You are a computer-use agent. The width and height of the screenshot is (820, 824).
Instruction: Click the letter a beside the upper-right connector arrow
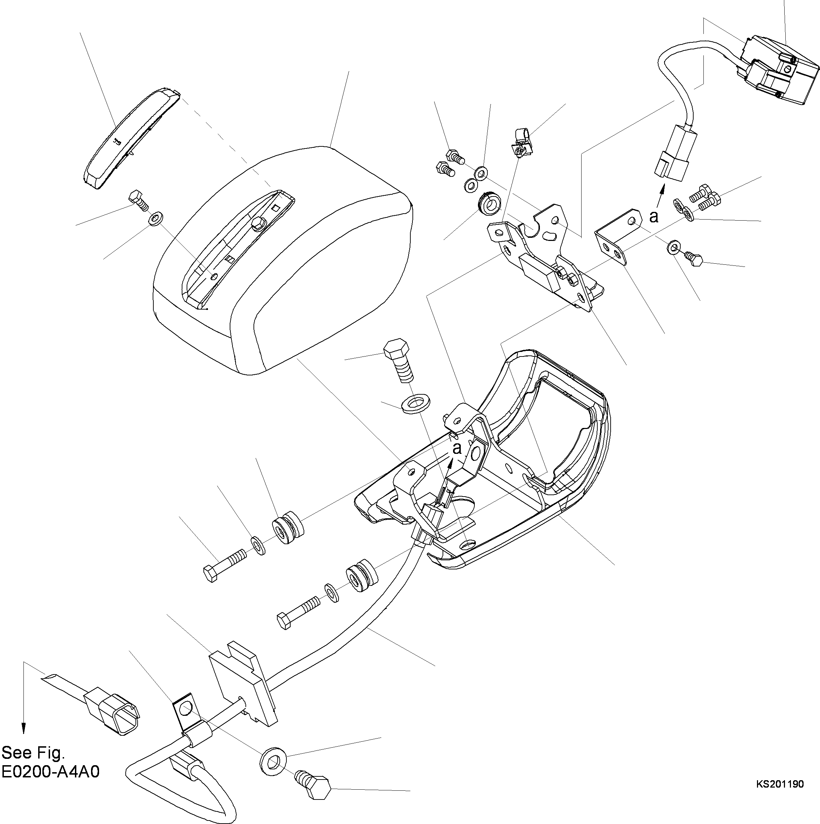(x=653, y=217)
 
